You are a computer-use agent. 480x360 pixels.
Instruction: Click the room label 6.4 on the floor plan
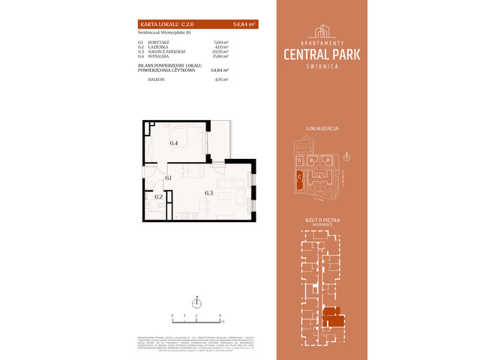(x=173, y=142)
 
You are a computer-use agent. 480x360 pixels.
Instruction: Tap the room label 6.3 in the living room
(x=209, y=193)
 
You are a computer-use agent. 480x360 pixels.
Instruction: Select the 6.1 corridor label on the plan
(x=169, y=178)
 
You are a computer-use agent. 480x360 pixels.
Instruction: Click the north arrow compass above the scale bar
(x=196, y=302)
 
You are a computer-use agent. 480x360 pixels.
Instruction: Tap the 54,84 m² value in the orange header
(x=243, y=25)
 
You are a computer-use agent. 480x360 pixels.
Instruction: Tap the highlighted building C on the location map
(x=299, y=178)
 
